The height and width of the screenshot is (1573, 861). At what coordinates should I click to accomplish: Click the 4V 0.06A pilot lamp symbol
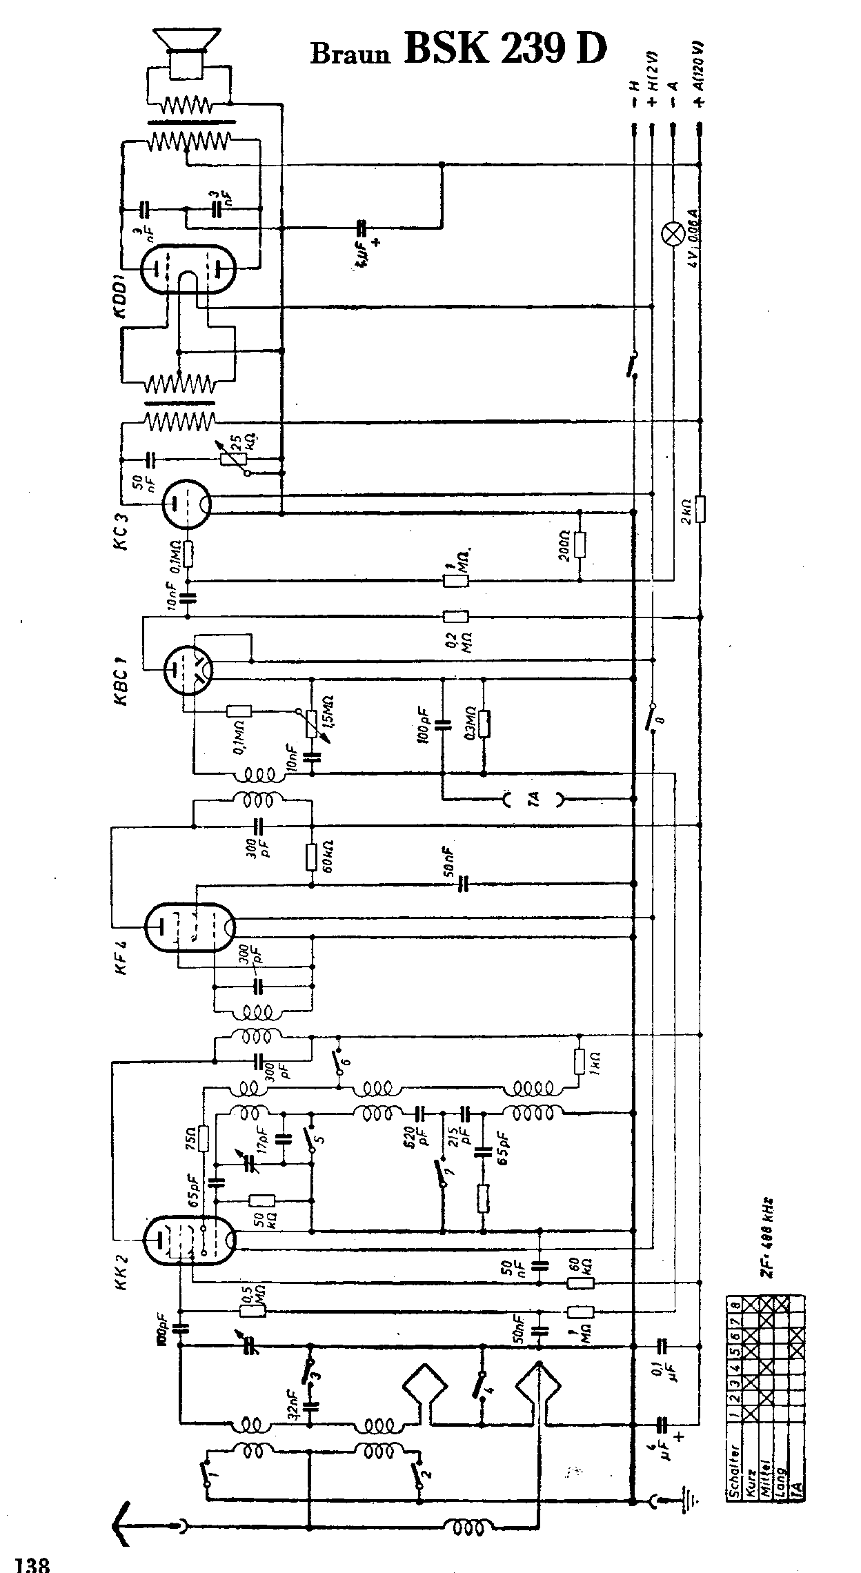(x=672, y=234)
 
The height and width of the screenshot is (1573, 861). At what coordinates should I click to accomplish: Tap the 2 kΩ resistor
(x=700, y=509)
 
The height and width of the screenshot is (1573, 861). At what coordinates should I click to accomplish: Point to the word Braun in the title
(x=350, y=54)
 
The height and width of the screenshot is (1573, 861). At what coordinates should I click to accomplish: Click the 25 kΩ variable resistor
(x=232, y=457)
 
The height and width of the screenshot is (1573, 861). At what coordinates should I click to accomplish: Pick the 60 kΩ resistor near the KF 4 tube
(x=312, y=855)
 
